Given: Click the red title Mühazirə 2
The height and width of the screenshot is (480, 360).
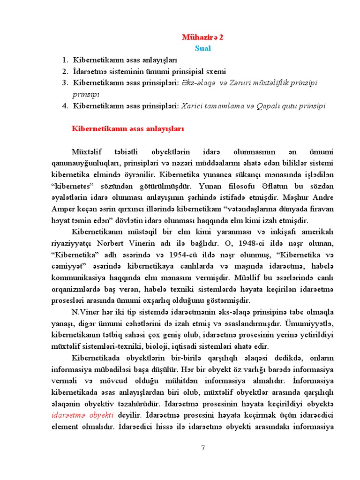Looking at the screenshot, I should (202, 37).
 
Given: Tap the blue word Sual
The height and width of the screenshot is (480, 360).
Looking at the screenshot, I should (202, 48).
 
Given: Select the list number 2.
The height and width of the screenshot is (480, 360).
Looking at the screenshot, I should (65, 72).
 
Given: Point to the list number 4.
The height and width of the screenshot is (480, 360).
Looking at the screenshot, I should (65, 106).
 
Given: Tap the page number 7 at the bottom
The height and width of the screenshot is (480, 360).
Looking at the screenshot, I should (203, 448).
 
